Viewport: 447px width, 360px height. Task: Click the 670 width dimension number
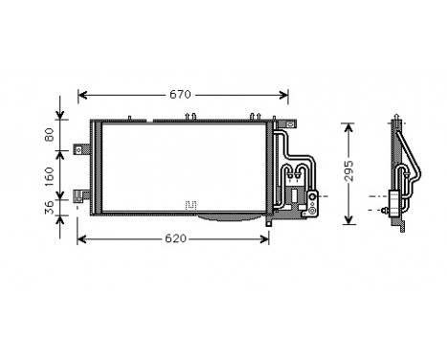[181, 94]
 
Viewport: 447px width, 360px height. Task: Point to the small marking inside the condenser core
[190, 204]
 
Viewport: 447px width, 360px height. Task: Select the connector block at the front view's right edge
[312, 201]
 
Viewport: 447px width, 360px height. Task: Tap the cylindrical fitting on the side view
[390, 204]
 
